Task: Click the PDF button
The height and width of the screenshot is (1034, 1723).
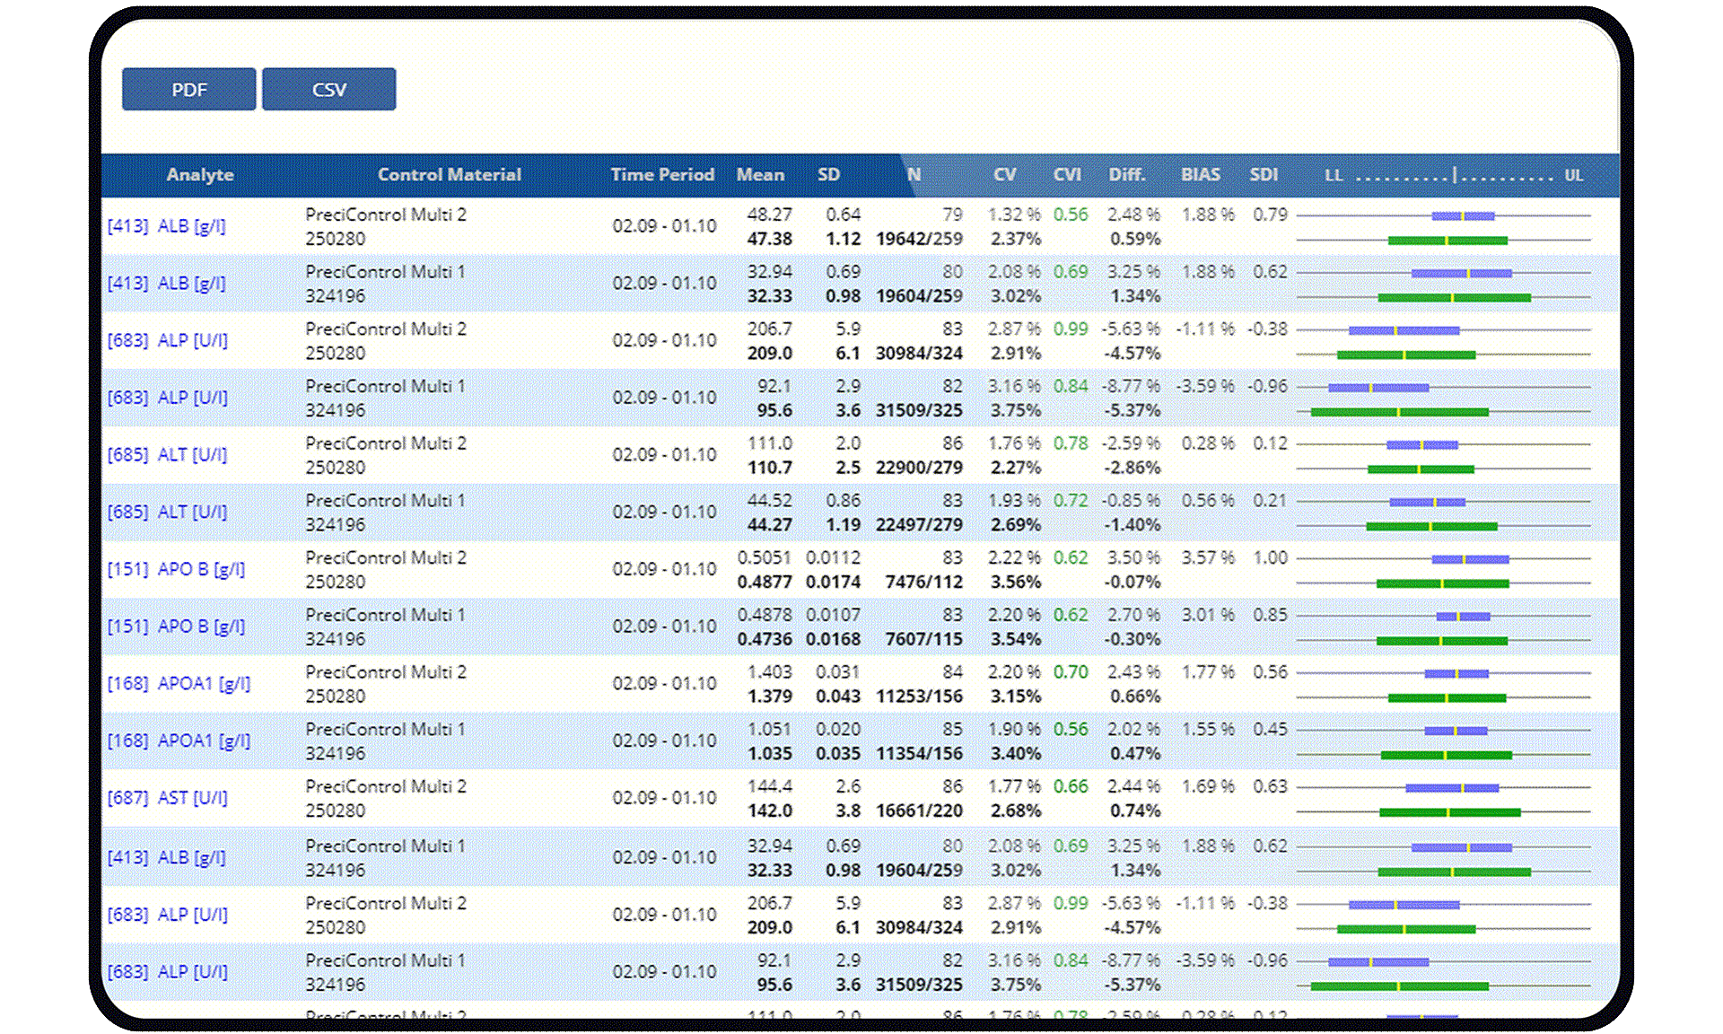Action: coord(188,90)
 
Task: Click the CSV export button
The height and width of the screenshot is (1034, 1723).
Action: coord(328,90)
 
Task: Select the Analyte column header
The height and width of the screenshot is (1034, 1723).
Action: coord(199,175)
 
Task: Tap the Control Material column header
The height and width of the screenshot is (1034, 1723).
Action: coord(449,175)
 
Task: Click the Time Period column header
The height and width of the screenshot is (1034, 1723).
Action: coord(662,175)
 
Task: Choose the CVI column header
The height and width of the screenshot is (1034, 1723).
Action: coord(1067,175)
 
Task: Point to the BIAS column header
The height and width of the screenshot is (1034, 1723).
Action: coord(1200,175)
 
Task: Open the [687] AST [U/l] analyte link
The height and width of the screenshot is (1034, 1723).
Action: coord(168,798)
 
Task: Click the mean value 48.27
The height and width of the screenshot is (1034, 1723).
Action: coord(769,215)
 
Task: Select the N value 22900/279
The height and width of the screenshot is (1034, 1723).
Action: coord(919,468)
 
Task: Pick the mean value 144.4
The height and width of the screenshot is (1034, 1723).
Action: coord(769,786)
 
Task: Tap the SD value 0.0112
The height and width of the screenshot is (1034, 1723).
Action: coord(833,557)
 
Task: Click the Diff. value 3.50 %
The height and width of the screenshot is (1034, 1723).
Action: coord(1133,557)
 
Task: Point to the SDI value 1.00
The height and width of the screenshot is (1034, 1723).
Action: coord(1270,557)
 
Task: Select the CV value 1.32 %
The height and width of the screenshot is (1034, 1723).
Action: coord(1014,215)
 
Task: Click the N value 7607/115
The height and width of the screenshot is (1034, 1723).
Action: coord(923,639)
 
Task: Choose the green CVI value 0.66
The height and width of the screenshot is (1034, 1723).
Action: coord(1071,786)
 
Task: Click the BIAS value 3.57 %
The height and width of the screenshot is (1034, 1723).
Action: coord(1207,557)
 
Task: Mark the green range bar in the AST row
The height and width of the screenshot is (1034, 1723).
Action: coord(1449,812)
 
